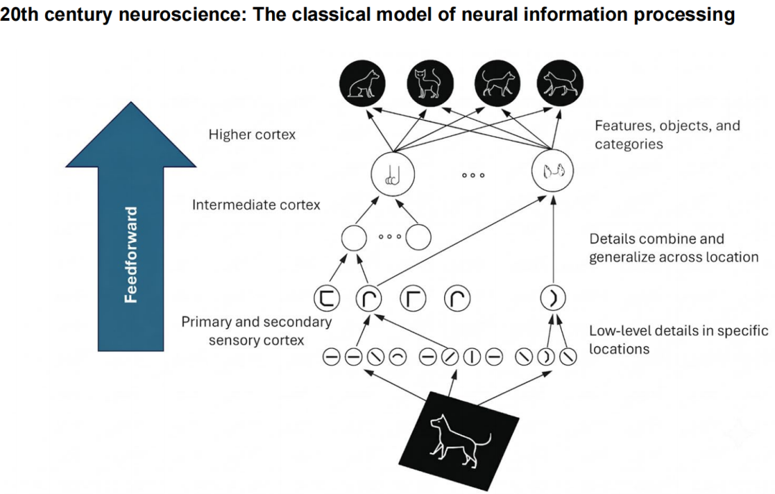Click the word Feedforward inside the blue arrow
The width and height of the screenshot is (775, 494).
tap(131, 255)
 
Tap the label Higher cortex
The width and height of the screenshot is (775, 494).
tap(252, 134)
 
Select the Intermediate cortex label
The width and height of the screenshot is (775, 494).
tap(256, 205)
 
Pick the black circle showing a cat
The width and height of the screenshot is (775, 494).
tap(430, 83)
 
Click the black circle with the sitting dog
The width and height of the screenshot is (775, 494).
tap(363, 83)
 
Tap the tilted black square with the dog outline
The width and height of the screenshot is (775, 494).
tap(459, 441)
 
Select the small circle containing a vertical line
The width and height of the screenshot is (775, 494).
tap(472, 357)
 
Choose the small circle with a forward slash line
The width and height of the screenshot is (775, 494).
tap(450, 357)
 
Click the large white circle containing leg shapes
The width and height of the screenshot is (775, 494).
tap(393, 174)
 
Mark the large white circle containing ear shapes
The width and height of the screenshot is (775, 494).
tap(553, 171)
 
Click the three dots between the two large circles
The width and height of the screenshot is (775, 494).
tap(473, 175)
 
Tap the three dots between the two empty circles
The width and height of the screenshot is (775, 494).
tap(390, 236)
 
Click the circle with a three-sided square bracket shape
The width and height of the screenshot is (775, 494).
tap(327, 298)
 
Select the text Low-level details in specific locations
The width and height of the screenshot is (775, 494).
tap(679, 339)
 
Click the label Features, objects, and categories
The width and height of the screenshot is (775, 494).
tap(667, 134)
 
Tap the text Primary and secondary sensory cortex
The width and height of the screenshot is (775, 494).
tap(256, 331)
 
